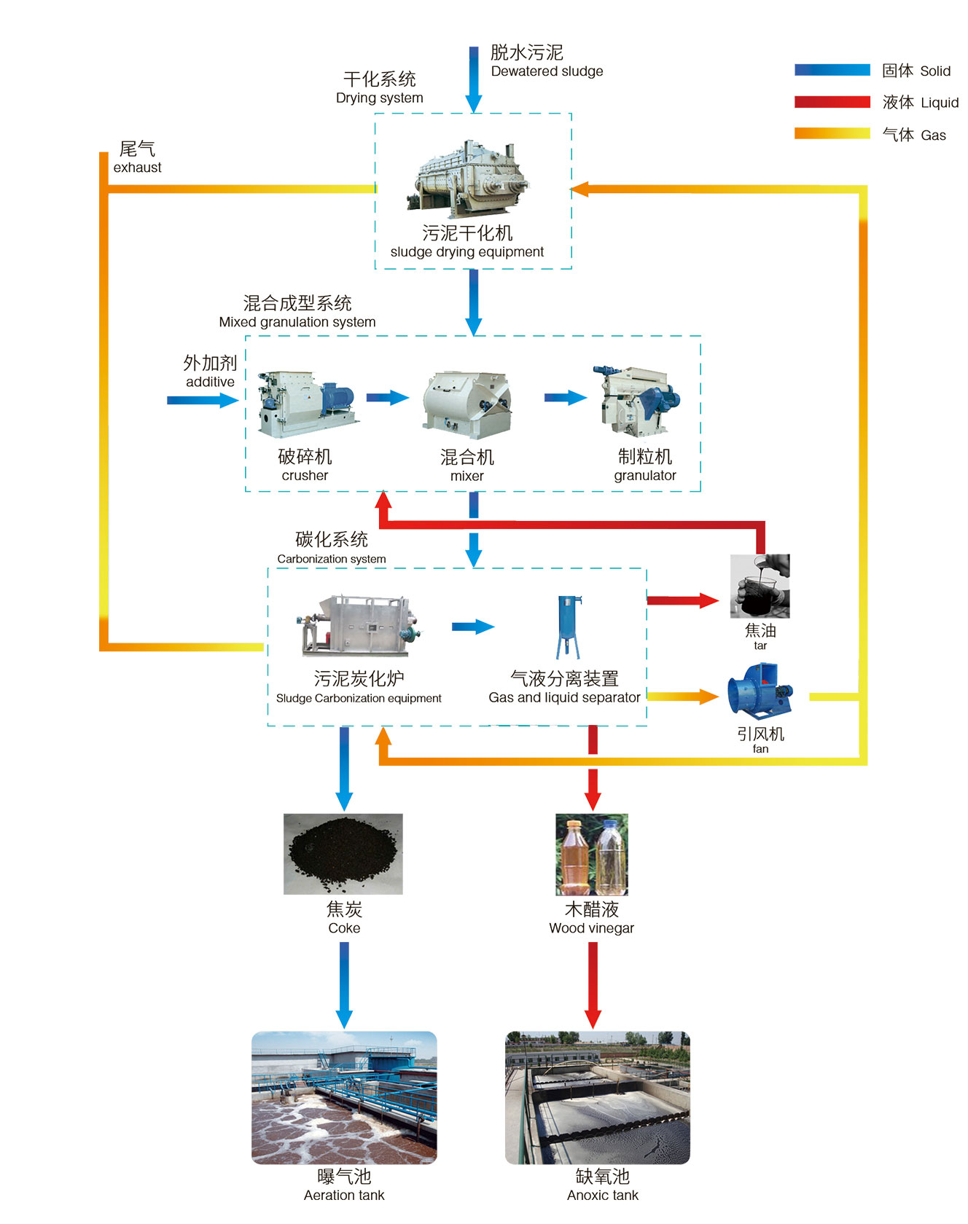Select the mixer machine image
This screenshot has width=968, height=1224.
click(x=467, y=404)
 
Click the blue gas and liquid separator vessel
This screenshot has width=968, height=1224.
click(x=568, y=627)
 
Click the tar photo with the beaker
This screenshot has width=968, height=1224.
click(x=760, y=586)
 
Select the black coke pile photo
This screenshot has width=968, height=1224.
click(x=343, y=854)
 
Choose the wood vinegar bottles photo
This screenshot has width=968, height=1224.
click(x=591, y=855)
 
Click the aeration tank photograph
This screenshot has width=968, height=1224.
click(x=344, y=1097)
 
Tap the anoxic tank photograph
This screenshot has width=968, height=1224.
click(x=597, y=1097)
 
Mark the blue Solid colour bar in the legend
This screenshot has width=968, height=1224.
click(x=832, y=70)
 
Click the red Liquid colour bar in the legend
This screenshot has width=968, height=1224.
click(x=832, y=102)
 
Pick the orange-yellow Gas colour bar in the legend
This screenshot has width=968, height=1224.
click(x=832, y=133)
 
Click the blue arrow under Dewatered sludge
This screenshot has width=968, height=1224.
click(x=474, y=80)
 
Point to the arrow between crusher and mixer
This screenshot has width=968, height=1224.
click(x=387, y=398)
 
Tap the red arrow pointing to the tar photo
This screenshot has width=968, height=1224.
click(x=682, y=600)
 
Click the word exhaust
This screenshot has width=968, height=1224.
click(x=137, y=168)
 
